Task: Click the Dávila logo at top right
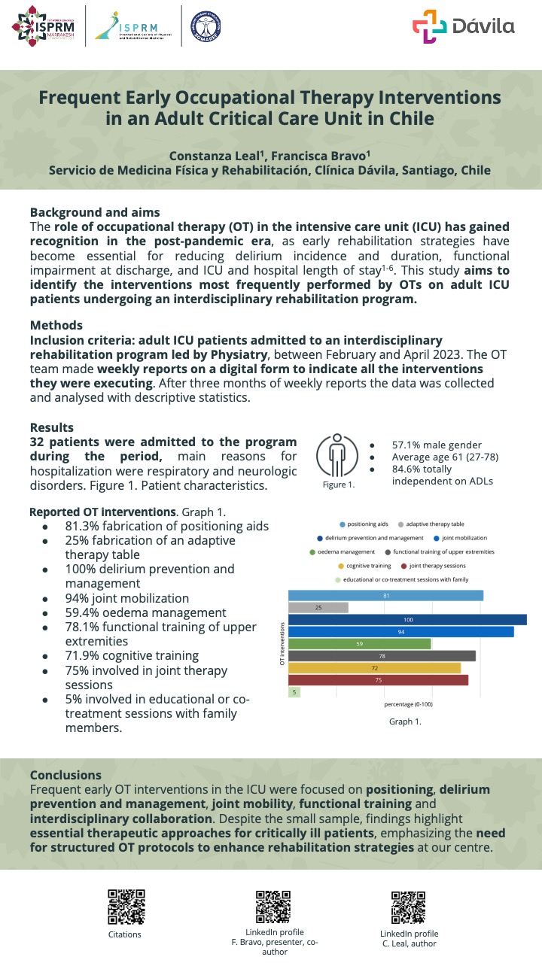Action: tap(463, 26)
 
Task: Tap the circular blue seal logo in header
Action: tap(206, 27)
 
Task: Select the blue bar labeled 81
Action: tap(385, 595)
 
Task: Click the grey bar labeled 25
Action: tap(318, 607)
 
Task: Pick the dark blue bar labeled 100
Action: tap(407, 620)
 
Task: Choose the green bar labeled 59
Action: tap(359, 644)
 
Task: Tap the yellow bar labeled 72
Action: tap(374, 668)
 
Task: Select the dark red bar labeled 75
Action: tap(378, 680)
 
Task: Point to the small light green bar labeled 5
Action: tap(294, 692)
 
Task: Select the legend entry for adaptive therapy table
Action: tap(430, 524)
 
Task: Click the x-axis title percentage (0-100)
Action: tap(408, 705)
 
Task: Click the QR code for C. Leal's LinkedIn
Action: tap(408, 907)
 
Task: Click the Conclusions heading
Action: tap(65, 775)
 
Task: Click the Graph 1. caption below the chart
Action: tap(405, 721)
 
